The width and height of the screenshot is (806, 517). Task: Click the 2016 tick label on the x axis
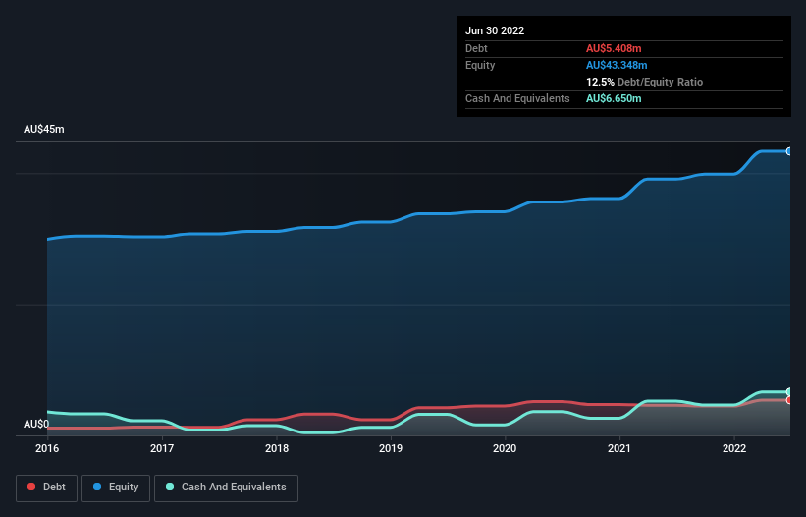coord(47,448)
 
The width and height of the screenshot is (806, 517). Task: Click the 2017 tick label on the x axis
coord(162,448)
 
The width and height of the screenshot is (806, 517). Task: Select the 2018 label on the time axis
coord(277,448)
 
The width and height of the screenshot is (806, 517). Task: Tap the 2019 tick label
coord(391,448)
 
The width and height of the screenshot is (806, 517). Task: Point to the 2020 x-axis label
coord(505,448)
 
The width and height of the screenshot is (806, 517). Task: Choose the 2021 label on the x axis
coord(619,448)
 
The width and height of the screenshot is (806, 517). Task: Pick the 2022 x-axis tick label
coord(733,448)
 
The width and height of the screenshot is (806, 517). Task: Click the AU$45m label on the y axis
coord(43,130)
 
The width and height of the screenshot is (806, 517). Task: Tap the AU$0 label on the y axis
coord(36,424)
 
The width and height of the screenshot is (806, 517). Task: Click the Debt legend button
coord(45,488)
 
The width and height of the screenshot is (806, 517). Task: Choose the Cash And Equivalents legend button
coord(226,488)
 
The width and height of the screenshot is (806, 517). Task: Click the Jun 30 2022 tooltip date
coord(495,30)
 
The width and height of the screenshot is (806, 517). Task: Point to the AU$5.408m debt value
coord(614,48)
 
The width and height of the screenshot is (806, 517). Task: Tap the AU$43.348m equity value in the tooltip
coord(617,65)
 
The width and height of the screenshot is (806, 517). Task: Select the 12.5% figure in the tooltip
coord(601,82)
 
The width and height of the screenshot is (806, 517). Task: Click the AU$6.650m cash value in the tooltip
coord(614,98)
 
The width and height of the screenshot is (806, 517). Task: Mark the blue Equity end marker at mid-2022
coord(789,151)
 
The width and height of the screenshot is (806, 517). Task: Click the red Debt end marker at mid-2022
coord(789,400)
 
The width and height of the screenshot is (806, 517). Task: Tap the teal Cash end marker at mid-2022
coord(789,392)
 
